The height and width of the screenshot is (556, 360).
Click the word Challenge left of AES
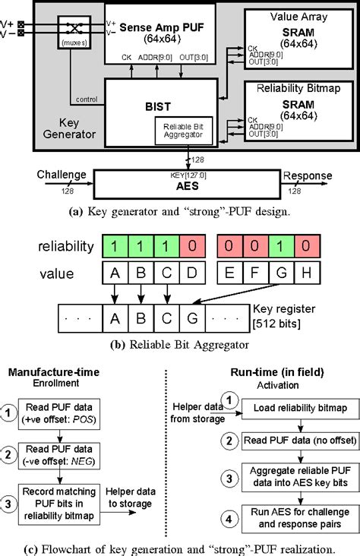click(62, 175)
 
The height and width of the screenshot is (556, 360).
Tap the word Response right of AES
click(307, 175)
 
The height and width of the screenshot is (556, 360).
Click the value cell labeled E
click(229, 271)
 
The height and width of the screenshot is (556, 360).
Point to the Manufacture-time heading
click(56, 371)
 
